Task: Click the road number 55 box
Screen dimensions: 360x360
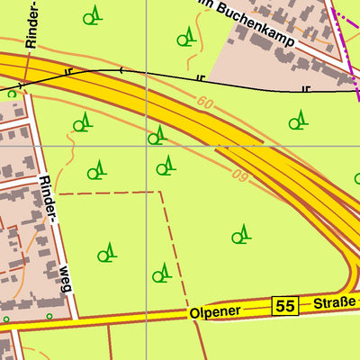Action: (286, 306)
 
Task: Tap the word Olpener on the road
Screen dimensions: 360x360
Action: (216, 312)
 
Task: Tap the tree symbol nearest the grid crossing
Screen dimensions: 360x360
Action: (157, 135)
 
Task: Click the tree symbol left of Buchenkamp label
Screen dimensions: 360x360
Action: (185, 36)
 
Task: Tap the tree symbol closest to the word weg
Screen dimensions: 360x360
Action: (107, 252)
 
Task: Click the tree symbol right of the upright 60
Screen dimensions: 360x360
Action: (296, 121)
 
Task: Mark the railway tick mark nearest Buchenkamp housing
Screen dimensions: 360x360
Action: (306, 88)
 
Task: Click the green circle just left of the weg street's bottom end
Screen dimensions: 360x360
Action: (49, 316)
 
